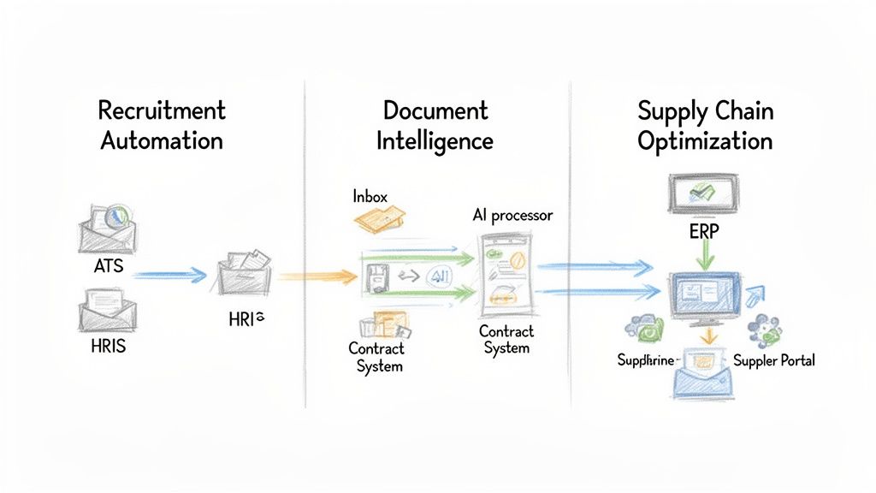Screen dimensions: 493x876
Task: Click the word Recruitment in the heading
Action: tap(162, 110)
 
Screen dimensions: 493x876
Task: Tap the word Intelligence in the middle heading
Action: tap(435, 140)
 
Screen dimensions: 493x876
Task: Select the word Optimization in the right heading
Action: tap(705, 140)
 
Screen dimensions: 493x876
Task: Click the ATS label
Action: tap(109, 266)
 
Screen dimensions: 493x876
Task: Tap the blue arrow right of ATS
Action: tap(170, 275)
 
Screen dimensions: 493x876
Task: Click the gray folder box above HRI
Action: tap(245, 272)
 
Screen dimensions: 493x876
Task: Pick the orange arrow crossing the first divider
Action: tap(317, 276)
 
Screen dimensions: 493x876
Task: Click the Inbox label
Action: tap(370, 197)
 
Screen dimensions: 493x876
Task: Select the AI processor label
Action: tap(512, 216)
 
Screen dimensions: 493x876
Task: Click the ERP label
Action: tap(703, 232)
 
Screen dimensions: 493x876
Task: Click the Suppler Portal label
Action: tap(774, 360)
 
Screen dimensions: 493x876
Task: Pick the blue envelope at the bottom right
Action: tap(703, 377)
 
